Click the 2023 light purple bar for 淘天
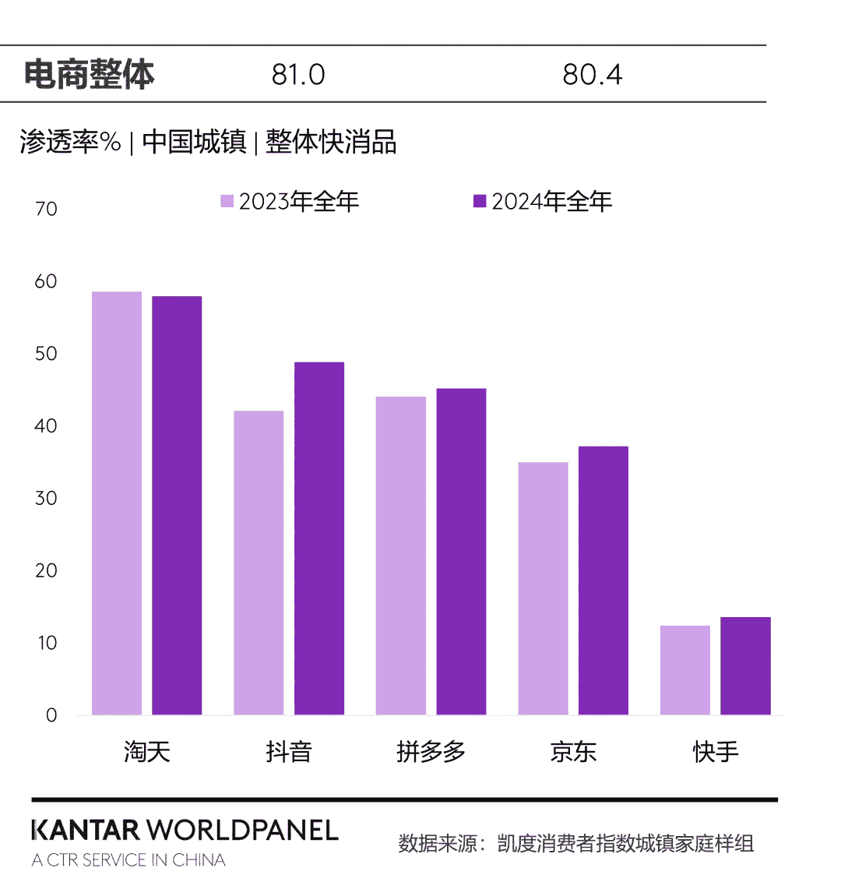(117, 503)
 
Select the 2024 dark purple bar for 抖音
(318, 538)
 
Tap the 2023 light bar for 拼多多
(401, 556)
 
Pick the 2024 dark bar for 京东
(603, 580)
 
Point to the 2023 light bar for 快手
(684, 670)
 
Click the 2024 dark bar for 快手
(745, 666)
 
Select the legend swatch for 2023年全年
(227, 201)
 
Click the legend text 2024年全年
(551, 201)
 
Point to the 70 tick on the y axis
(47, 209)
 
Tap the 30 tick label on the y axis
(47, 498)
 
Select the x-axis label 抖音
(288, 752)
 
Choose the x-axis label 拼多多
(431, 752)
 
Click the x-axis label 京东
(573, 752)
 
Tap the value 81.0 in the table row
(298, 75)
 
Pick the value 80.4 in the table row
(592, 75)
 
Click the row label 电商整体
(90, 74)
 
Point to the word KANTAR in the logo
(86, 830)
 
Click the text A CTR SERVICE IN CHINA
(128, 860)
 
